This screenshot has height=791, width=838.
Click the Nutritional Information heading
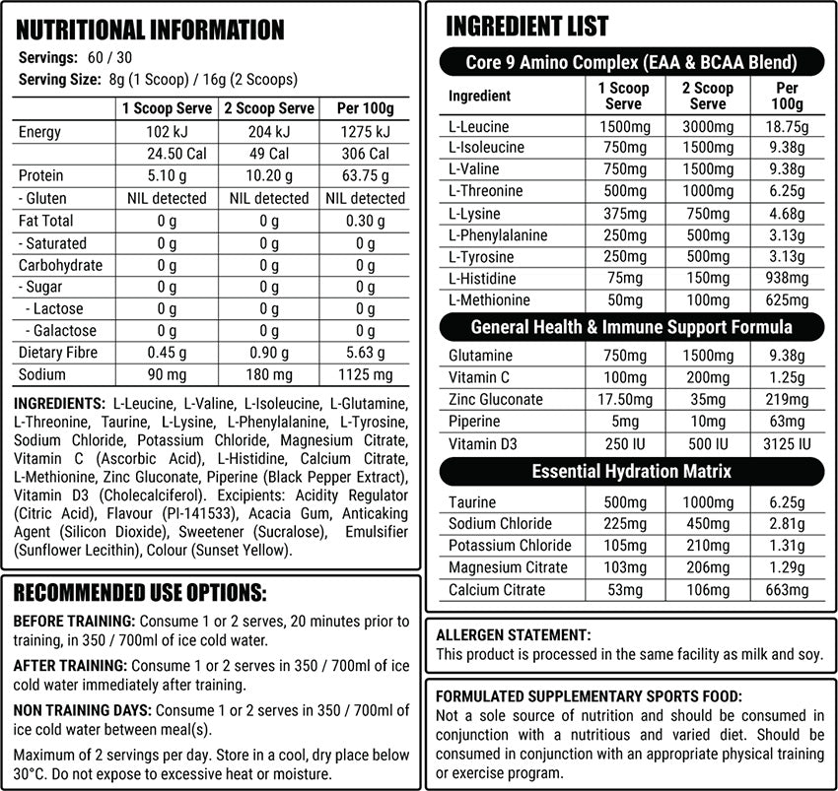point(151,30)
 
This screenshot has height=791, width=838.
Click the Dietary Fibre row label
point(58,353)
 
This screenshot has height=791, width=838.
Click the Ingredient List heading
point(527,26)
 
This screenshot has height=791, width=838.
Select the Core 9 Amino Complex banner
point(631,63)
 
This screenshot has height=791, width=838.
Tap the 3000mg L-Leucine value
point(708,127)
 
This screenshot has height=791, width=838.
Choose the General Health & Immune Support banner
point(631,326)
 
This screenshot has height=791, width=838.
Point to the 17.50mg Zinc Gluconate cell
point(623,399)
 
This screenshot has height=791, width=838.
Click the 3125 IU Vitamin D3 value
point(787,443)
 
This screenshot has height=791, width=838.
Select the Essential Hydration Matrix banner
point(631,471)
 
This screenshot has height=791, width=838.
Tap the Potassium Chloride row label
point(510,545)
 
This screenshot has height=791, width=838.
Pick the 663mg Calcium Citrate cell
point(787,590)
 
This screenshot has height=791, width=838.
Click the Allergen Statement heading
point(513,635)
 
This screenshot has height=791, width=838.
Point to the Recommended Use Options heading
point(139,592)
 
